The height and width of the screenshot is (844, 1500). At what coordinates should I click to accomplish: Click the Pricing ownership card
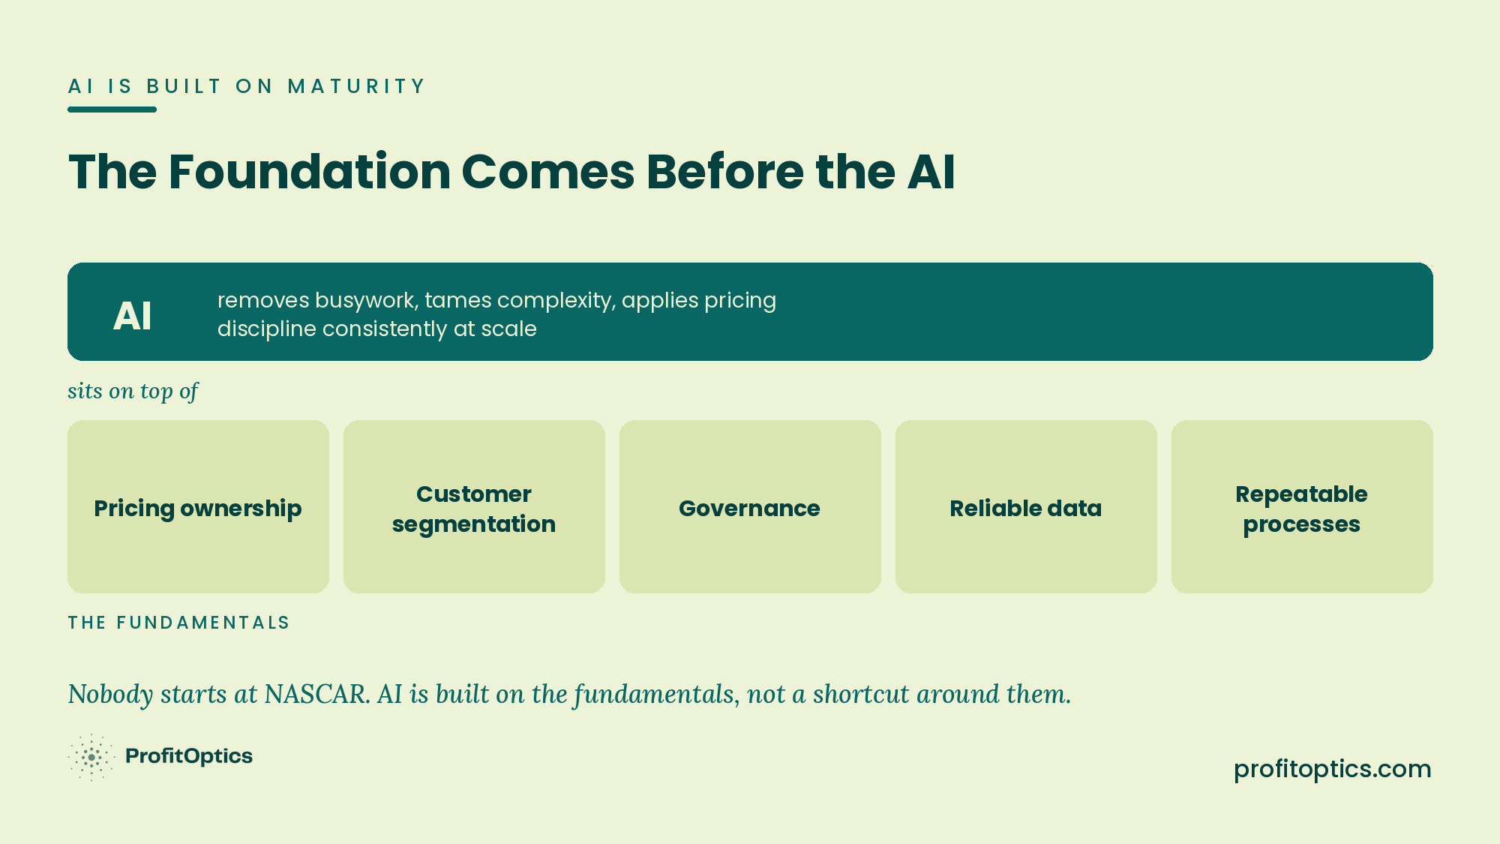coord(198,506)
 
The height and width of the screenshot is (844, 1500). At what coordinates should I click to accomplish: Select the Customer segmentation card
coord(474,506)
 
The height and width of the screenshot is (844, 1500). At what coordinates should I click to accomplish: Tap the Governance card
coord(750,506)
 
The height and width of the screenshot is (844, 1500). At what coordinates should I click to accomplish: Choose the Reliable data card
coord(1026,506)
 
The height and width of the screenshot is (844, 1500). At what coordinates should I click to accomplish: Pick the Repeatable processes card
coord(1302,506)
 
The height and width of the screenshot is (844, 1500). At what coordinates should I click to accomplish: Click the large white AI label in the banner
coord(132,316)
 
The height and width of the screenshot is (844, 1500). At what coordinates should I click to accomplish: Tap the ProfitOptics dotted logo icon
coord(91,757)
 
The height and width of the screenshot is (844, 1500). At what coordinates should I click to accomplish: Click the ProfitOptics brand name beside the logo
coord(189,756)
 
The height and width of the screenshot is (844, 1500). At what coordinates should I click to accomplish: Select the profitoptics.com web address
coord(1333,769)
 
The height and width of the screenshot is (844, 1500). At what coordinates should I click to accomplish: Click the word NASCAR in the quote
coord(316,694)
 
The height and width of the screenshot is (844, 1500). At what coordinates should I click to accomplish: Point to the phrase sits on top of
coord(133,391)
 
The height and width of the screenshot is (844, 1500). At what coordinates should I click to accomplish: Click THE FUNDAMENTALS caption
coord(178,623)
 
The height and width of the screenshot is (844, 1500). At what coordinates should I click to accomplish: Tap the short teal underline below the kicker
coord(112,110)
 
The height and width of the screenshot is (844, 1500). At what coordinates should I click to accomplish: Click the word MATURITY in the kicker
coord(356,86)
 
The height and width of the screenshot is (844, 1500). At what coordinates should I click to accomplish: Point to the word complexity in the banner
coord(556,301)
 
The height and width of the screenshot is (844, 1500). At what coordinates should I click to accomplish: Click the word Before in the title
coord(725,172)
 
